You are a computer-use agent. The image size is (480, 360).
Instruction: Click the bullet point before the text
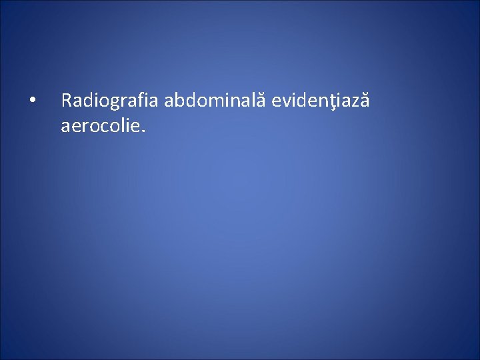click(x=32, y=101)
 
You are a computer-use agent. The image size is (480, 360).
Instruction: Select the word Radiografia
click(x=110, y=101)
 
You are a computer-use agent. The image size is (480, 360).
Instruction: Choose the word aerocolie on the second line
click(x=99, y=125)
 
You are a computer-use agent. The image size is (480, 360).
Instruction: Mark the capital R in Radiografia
click(x=66, y=101)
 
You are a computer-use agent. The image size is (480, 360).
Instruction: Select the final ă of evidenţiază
click(x=364, y=101)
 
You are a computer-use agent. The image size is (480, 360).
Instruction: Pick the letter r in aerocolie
click(x=85, y=126)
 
